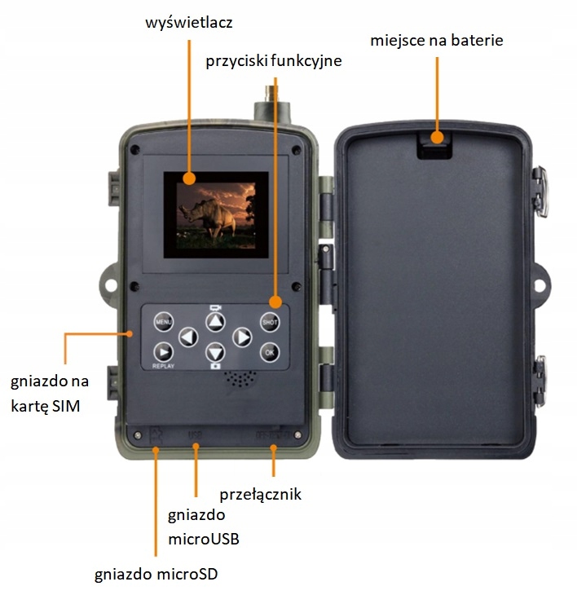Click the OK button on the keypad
(270, 352)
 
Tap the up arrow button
(215, 321)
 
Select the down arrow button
(215, 353)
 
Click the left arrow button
(188, 337)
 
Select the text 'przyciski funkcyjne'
(272, 60)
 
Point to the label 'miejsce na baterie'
(436, 40)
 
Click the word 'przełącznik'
(261, 494)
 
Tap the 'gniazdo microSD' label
(156, 573)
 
